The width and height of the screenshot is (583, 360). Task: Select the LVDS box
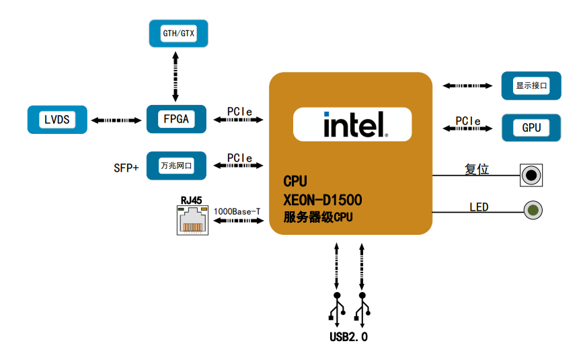(57, 120)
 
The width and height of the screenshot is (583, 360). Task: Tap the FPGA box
(176, 120)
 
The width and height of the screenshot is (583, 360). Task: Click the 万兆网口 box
(176, 166)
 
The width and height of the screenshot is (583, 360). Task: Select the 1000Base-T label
(237, 211)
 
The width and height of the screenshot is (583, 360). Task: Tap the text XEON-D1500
(323, 199)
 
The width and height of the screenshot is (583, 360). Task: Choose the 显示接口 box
(531, 86)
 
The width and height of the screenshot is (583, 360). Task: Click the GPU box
(531, 127)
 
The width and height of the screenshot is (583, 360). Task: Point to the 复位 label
(477, 170)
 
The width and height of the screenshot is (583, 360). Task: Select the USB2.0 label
(349, 336)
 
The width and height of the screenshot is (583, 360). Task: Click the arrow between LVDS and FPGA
(116, 120)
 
